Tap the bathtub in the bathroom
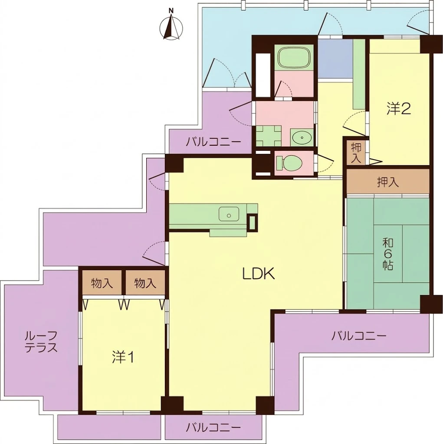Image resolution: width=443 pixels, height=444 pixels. point(294,58)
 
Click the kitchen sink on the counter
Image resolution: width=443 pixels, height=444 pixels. point(229,214)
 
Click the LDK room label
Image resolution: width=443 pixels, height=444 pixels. point(258,274)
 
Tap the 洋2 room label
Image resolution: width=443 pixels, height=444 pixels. point(399,109)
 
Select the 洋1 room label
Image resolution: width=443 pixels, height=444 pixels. point(123,357)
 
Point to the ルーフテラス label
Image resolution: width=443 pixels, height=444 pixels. point(41,342)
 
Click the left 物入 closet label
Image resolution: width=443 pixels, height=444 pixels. point(102,283)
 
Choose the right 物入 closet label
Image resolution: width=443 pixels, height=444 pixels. point(145,283)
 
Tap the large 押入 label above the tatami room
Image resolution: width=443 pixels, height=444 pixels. point(388,182)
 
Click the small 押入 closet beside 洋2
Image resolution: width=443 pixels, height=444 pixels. point(356,153)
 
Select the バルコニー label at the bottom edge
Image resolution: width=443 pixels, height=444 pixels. point(213,427)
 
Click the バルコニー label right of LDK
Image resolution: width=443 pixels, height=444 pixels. point(359,336)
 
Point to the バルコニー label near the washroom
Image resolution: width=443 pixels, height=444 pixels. point(213,142)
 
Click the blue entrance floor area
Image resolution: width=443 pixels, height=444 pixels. point(335,58)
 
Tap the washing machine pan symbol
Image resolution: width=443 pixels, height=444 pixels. point(269,136)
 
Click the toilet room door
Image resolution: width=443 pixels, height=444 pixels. point(324,163)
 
